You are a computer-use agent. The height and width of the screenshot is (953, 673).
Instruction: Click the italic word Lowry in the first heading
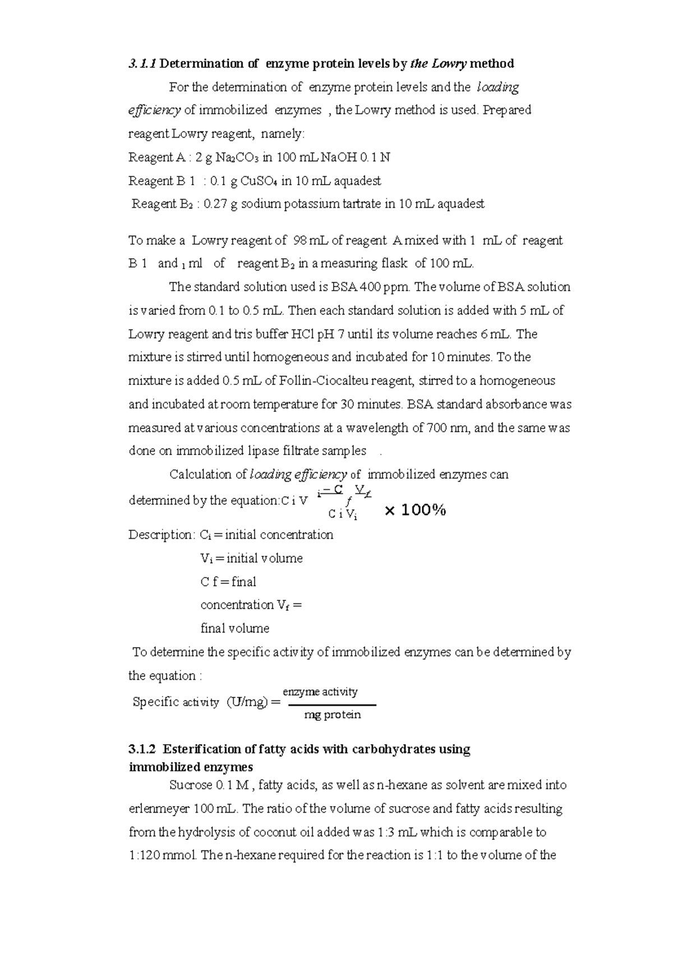coord(447,63)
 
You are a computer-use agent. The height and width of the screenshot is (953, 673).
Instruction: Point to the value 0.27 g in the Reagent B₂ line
coord(221,204)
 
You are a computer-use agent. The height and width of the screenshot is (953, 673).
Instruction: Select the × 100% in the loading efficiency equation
coord(416,510)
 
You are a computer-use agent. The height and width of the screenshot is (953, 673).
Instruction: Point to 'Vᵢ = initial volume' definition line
coord(251,558)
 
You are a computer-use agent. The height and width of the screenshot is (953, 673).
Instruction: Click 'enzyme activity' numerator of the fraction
coord(320,692)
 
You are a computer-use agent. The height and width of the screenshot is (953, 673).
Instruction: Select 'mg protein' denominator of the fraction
coord(332,715)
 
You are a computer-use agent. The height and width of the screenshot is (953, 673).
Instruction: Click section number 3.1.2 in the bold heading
coord(144,750)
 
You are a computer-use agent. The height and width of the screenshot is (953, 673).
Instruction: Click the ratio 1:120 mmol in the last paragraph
coord(163,856)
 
